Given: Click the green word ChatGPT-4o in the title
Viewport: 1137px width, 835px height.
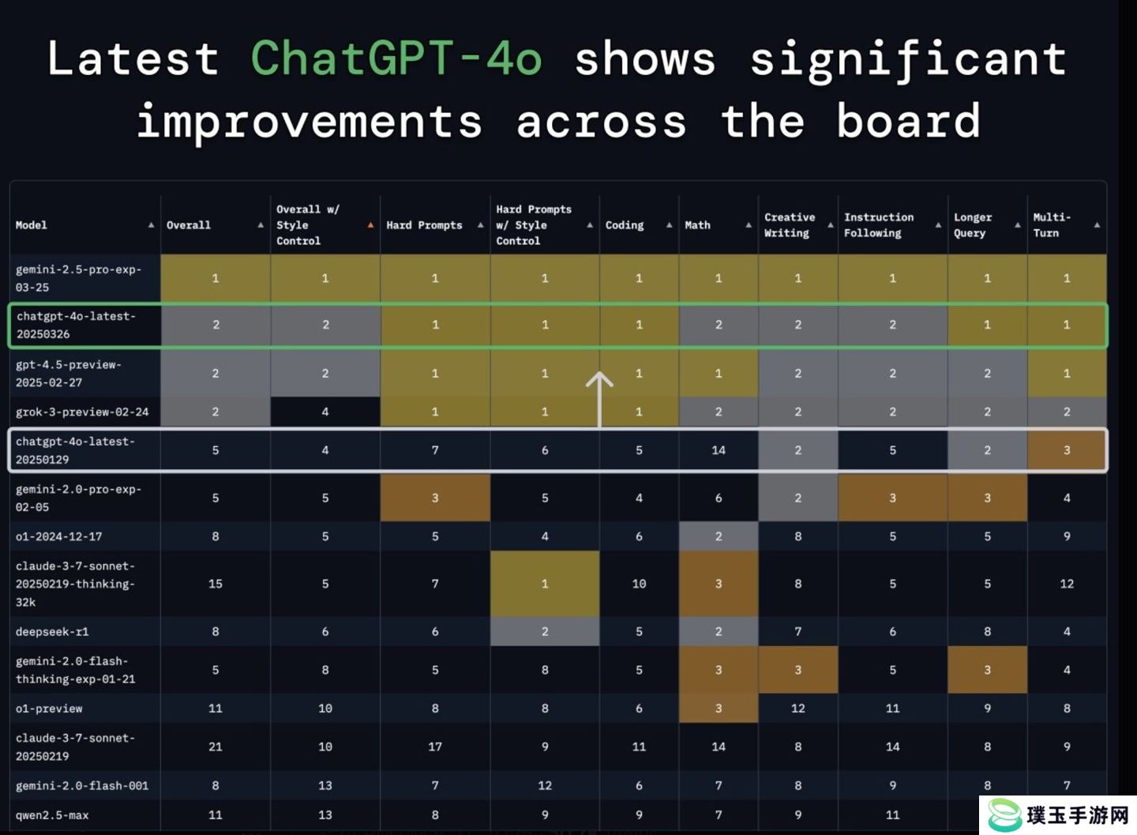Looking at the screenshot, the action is pos(396,58).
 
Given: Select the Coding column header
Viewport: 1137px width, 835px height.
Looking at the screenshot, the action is pos(625,225).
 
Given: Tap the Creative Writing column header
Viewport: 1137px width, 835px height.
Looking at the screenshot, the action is pos(790,225).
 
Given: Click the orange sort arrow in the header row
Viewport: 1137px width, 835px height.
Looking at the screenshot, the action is pos(370,225).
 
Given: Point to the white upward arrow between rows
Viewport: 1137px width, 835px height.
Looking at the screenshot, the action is pos(599,399).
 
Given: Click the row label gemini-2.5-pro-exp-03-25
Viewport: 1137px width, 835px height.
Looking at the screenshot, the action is pos(78,278).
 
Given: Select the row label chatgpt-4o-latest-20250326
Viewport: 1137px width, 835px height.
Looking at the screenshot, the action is pos(76,325).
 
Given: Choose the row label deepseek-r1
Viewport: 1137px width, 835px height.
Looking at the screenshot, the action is pos(52,631).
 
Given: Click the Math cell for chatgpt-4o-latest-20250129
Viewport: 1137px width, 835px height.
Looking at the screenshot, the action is pos(719,450).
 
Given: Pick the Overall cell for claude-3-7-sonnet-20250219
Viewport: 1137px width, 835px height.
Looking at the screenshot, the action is pos(216,747).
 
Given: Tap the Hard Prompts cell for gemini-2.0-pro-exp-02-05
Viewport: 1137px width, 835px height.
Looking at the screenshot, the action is pos(435,498).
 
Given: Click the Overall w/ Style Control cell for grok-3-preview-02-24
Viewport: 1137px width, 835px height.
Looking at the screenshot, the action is pos(325,412).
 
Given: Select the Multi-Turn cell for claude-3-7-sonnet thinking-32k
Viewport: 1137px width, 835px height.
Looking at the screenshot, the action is pos(1067,584).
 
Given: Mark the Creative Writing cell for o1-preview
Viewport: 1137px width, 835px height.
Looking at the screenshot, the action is pos(798,708).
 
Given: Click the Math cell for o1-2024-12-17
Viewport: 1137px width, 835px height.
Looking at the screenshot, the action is pos(719,536).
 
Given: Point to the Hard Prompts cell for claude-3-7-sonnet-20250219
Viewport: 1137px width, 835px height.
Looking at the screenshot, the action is pos(435,747).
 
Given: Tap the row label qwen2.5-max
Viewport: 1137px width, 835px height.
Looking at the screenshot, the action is pos(52,815).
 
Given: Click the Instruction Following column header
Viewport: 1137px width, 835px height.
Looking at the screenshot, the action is pos(879,225).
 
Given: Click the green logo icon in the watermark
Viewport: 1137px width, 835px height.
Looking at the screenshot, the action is pos(1004,814).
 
